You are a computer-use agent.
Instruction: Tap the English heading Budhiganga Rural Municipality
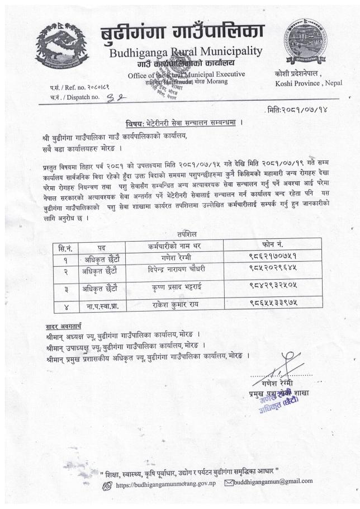pyautogui.click(x=186, y=52)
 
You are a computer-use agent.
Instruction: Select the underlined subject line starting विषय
pyautogui.click(x=183, y=123)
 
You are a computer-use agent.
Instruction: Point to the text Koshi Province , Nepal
pyautogui.click(x=309, y=83)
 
